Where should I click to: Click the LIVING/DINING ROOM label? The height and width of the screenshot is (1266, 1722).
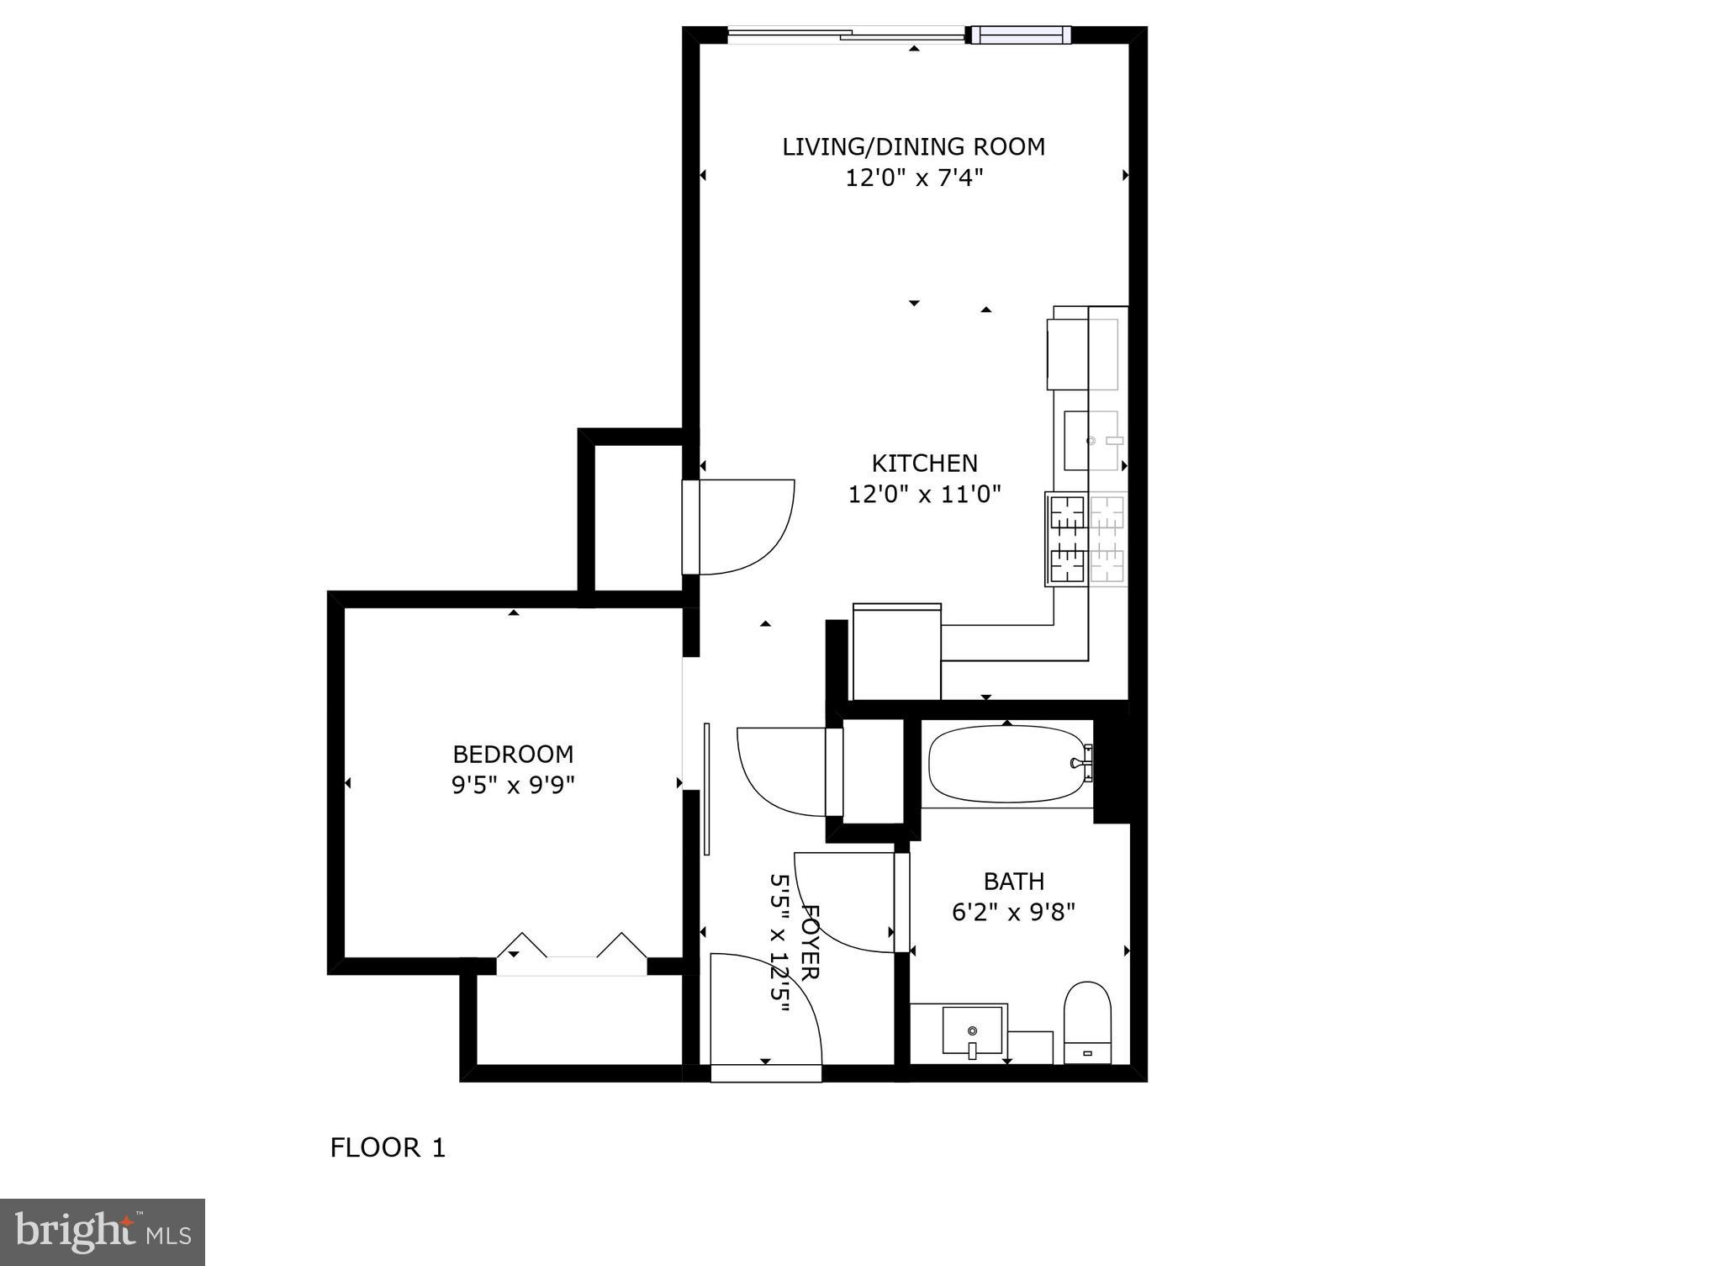click(913, 146)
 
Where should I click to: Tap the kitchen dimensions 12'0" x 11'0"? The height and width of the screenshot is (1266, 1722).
click(923, 494)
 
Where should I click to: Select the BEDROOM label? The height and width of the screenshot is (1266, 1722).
click(513, 754)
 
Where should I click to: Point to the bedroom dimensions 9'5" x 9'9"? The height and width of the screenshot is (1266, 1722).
click(513, 785)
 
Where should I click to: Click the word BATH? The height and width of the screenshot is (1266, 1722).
click(1013, 882)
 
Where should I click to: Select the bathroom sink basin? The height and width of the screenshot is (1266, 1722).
click(972, 1032)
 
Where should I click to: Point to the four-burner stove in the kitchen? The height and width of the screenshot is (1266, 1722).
click(1086, 538)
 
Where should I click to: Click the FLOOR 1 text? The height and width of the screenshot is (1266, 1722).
click(387, 1147)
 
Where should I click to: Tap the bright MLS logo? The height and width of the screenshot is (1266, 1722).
click(103, 1232)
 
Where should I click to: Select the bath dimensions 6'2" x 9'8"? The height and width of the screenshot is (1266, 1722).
click(1013, 912)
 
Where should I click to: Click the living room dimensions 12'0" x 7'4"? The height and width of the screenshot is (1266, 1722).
click(913, 178)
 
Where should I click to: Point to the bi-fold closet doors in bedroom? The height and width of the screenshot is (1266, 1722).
click(572, 951)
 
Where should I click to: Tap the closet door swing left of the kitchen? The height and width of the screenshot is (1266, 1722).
click(745, 527)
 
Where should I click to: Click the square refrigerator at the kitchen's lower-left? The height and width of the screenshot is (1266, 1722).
click(896, 653)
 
